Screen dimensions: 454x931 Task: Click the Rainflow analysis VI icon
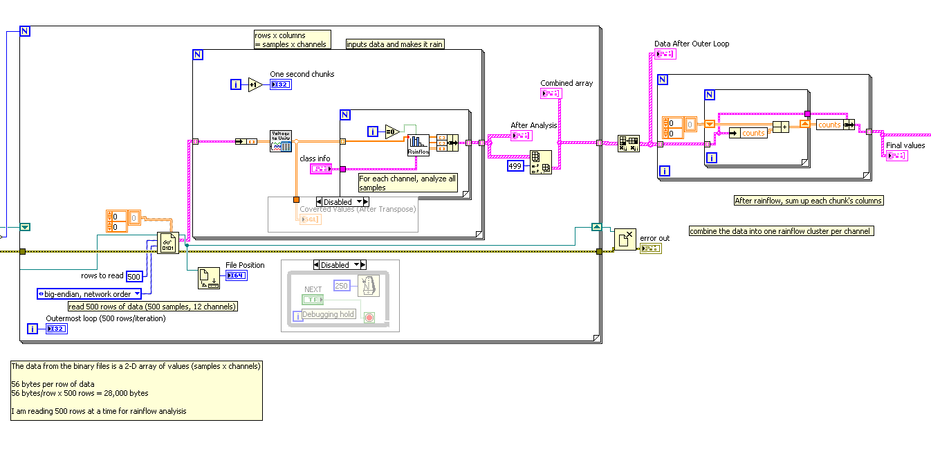[418, 145]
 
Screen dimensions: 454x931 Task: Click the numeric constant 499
[515, 166]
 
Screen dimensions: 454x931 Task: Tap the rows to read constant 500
[134, 276]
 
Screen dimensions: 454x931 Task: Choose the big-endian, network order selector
[89, 294]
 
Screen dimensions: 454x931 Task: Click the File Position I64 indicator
[235, 275]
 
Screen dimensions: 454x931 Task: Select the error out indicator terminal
[650, 248]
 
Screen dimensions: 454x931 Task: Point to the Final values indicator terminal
[896, 156]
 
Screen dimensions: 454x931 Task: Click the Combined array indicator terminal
[551, 93]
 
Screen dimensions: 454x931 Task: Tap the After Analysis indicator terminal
[521, 136]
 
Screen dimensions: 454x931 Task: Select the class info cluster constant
[321, 168]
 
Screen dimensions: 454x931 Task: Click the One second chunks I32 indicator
[281, 84]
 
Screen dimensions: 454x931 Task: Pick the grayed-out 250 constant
[341, 285]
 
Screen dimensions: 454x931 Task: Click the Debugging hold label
[329, 314]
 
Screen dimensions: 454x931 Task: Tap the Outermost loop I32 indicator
[56, 329]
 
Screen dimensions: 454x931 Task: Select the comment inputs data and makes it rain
[395, 44]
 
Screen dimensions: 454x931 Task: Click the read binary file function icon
[167, 243]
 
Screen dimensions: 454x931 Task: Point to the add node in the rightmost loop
[781, 127]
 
